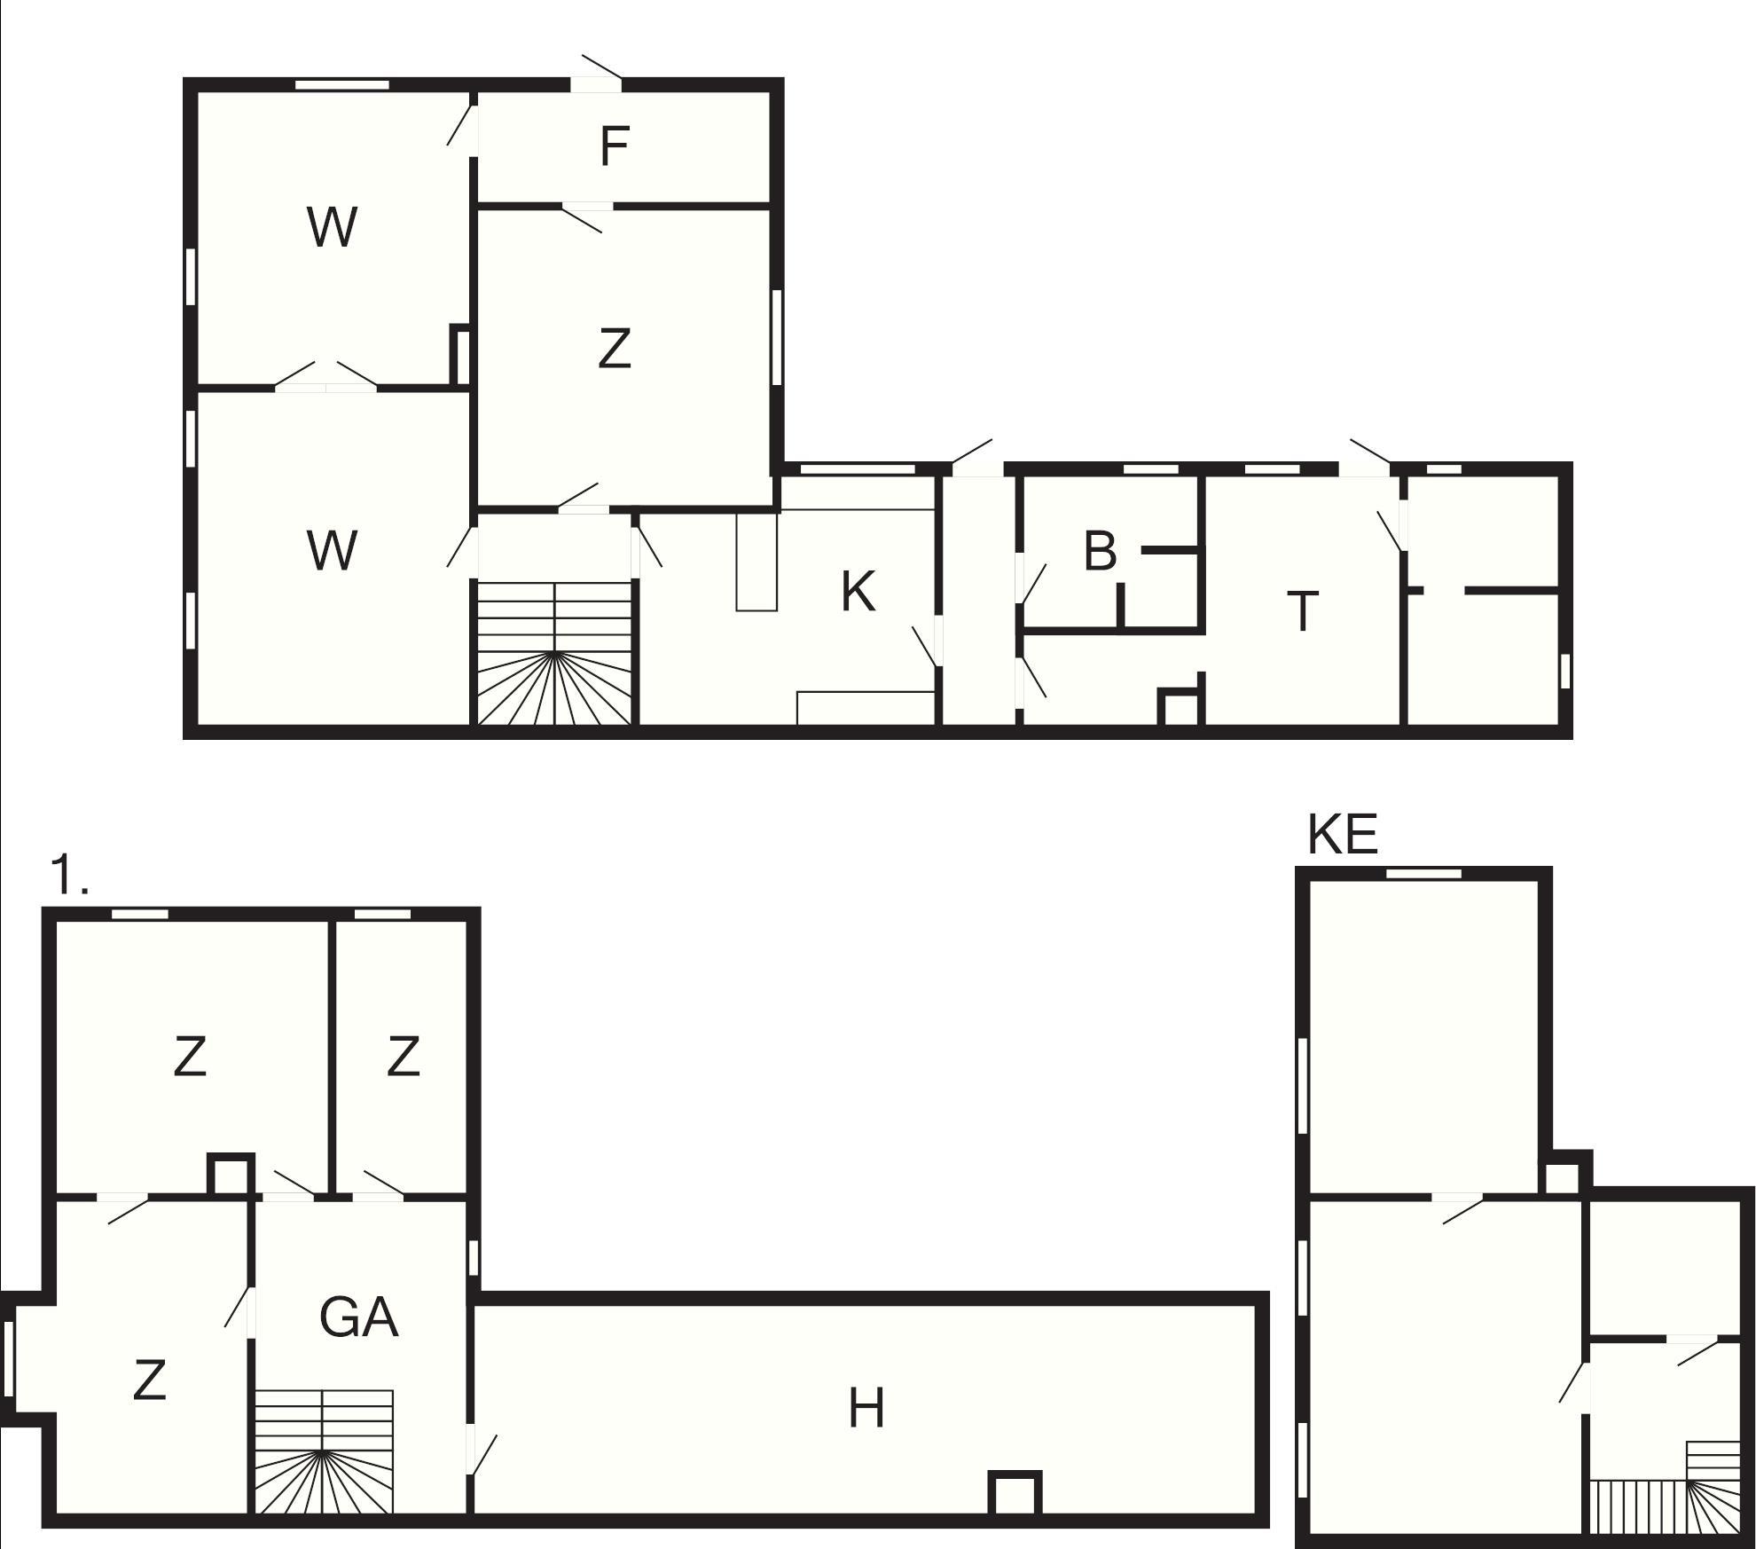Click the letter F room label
[615, 146]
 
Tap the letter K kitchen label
[858, 592]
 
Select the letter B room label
[1100, 551]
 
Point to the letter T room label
[1302, 611]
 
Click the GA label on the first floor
[358, 1317]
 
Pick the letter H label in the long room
[866, 1408]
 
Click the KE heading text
[1343, 834]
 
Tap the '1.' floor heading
[70, 874]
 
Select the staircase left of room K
[555, 654]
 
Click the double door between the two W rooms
[326, 377]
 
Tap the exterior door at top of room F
[597, 75]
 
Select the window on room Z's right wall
[776, 337]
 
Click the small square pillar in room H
[1015, 1495]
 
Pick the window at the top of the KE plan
[1423, 874]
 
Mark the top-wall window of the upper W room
[342, 85]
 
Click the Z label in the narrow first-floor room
[403, 1057]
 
